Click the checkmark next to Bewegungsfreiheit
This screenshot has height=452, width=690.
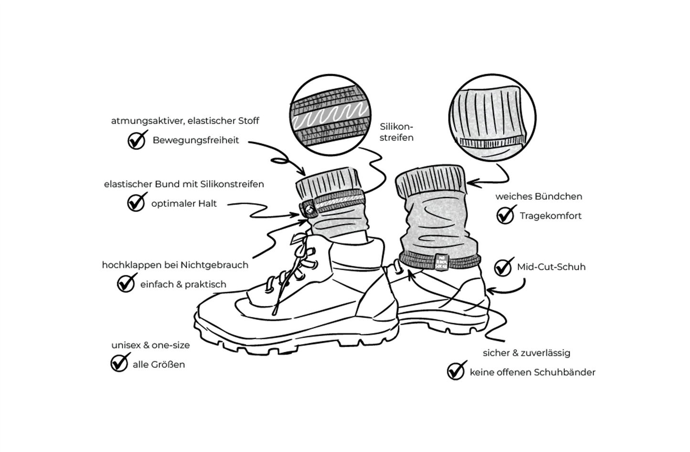tap(137, 140)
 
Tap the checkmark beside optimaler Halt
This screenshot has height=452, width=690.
tap(136, 203)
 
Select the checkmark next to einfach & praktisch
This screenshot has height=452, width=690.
tap(126, 284)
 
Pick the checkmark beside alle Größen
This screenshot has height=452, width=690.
tap(119, 363)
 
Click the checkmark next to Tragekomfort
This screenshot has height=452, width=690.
tap(505, 215)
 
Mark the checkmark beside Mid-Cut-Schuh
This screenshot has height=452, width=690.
tap(503, 267)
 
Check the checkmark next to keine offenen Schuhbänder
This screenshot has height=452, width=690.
tap(456, 371)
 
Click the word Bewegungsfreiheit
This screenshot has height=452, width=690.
tap(196, 140)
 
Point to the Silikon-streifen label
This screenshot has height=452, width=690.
tap(396, 132)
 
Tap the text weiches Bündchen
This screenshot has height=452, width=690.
tap(539, 196)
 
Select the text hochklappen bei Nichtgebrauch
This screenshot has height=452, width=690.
tap(175, 265)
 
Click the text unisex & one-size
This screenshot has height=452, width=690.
tap(150, 345)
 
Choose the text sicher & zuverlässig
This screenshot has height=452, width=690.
tap(526, 353)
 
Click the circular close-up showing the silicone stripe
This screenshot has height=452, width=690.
tap(330, 117)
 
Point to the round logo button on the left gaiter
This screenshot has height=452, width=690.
tap(308, 208)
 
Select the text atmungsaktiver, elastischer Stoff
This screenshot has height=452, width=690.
tap(185, 121)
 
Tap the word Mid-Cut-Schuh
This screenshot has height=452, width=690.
tap(551, 267)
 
